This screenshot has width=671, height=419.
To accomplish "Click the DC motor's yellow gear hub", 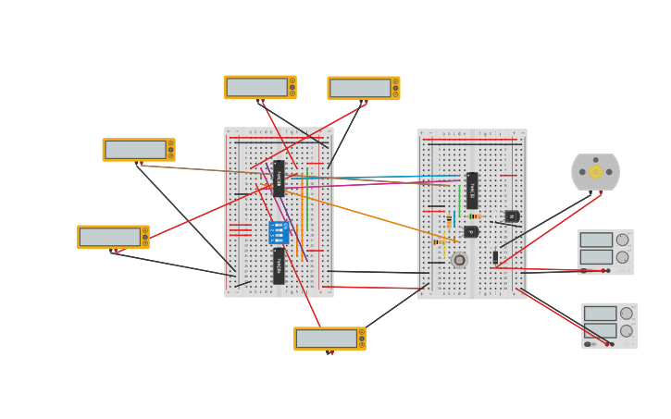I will tap(595, 172).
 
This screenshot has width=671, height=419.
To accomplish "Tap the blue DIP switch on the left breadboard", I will tap(278, 232).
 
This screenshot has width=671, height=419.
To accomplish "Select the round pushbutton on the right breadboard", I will tap(459, 260).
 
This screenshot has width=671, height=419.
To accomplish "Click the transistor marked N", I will tap(511, 216).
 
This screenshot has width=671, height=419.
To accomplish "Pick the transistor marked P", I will tap(471, 232).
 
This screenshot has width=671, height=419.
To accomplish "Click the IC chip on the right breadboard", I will tap(472, 190).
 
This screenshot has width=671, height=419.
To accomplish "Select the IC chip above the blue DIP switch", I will tap(279, 179).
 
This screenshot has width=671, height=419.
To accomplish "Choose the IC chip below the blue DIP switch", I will tap(279, 265).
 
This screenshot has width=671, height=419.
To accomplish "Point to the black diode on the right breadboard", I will tap(495, 257).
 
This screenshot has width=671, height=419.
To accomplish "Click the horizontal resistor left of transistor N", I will tap(474, 216).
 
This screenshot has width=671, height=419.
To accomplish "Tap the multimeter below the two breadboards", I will tap(329, 339).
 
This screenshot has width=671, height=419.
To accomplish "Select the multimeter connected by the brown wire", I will tap(138, 150).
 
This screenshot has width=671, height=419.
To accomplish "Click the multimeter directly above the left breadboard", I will tap(260, 87).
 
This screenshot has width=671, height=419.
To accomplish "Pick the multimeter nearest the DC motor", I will tap(364, 88).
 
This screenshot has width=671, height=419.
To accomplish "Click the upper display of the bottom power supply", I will tap(600, 314).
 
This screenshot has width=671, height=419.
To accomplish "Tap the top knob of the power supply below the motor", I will tap(623, 240).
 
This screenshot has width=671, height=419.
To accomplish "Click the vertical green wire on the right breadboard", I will tap(460, 199).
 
